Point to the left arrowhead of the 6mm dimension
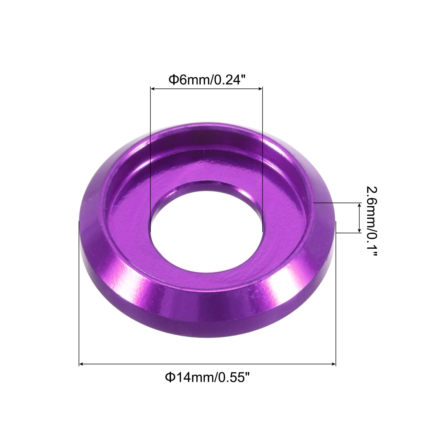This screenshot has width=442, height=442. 152,89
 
